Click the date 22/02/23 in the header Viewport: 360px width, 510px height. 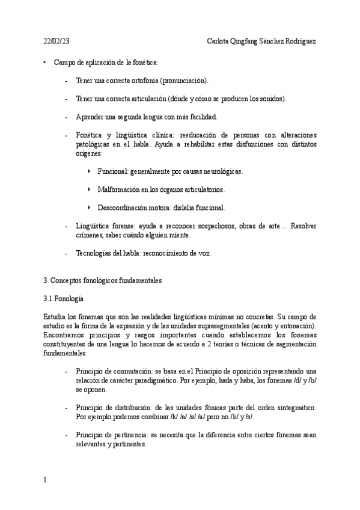[56, 41]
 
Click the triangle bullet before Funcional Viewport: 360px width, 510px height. [90, 171]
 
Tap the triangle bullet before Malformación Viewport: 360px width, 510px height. [90, 189]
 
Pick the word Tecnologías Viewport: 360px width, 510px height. [95, 253]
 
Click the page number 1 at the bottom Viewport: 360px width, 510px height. [45, 480]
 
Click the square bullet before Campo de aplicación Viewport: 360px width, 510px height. [44, 62]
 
